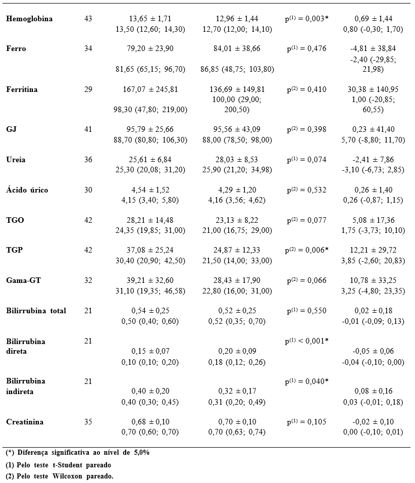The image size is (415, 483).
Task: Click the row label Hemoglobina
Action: click(29, 19)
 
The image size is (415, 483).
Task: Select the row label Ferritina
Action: click(22, 89)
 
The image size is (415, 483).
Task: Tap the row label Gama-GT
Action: click(23, 280)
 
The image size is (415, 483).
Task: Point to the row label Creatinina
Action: click(25, 422)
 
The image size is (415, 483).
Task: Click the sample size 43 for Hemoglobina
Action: click(88, 19)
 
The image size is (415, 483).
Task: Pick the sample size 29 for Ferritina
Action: click(88, 89)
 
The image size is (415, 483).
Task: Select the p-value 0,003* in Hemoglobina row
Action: click(306, 19)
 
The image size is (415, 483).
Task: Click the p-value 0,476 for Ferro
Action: click(306, 49)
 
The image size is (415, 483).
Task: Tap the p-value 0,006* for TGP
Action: click(306, 250)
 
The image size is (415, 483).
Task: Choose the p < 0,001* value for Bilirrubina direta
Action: click(306, 341)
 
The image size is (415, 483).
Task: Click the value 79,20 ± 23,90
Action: click(150, 49)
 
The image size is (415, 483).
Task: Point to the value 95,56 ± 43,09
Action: click(237, 129)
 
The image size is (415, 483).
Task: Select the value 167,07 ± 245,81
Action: click(150, 89)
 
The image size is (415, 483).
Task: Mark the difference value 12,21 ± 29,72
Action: click(373, 250)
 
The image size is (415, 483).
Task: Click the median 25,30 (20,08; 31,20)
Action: click(150, 170)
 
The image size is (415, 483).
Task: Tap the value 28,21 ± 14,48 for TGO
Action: click(150, 220)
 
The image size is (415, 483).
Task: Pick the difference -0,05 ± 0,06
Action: click(373, 351)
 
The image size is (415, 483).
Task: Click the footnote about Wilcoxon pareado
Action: click(60, 476)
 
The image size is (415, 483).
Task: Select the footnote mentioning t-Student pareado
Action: click(58, 465)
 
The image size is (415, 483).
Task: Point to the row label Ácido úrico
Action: click(27, 190)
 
